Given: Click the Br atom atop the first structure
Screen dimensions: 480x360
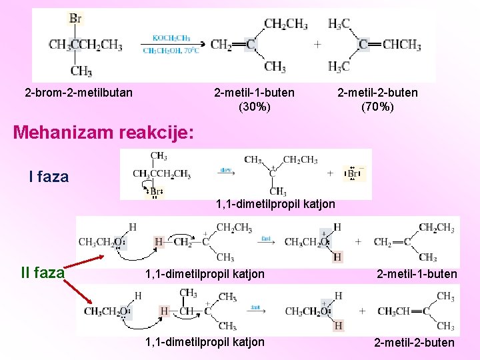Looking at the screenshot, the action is [75, 18].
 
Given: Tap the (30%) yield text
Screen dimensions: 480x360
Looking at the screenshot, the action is [255, 106].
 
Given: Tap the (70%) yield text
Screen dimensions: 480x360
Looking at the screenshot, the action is [377, 106].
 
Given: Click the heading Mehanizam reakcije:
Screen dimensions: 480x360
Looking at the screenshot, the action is [104, 132].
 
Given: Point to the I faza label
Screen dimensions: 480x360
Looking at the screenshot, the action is [49, 177].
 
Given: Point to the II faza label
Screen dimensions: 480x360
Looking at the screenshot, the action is [43, 273].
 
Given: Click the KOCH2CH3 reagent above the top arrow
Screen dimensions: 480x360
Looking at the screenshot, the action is [171, 38].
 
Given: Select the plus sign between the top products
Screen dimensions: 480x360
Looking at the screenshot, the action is [317, 45].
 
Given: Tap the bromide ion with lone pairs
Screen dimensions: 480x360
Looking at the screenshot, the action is [353, 174].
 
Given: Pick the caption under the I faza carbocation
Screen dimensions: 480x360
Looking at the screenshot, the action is [275, 203].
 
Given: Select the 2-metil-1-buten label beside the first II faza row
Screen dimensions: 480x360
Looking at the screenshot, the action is [417, 274].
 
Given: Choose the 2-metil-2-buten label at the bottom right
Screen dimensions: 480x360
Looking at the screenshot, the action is [414, 343].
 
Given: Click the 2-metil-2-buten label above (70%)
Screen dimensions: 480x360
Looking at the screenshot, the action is [377, 93].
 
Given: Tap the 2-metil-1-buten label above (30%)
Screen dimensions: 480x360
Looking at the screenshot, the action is [254, 93].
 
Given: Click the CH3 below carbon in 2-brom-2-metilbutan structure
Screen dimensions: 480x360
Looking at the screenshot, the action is [81, 71].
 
